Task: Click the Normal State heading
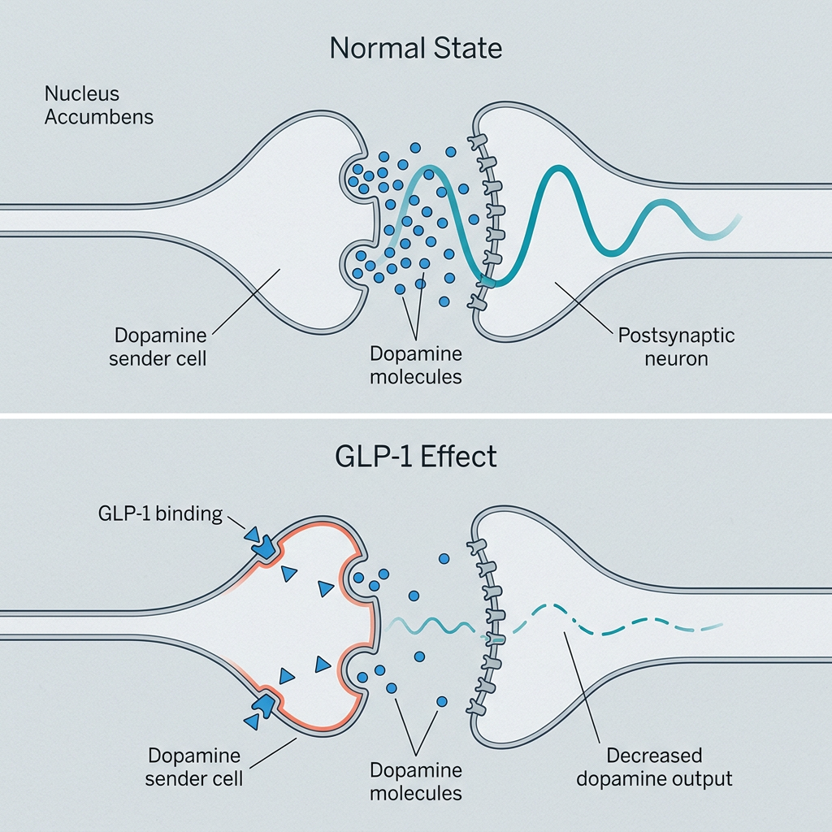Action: (415, 48)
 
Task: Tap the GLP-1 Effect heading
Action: (415, 457)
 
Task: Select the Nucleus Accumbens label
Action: (98, 105)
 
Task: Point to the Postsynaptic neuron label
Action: (676, 347)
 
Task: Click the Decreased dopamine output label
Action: (654, 767)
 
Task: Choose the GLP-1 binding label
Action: (160, 513)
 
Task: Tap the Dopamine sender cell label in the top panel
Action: (158, 347)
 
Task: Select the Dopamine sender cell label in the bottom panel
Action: (193, 767)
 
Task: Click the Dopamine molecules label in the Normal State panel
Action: (415, 365)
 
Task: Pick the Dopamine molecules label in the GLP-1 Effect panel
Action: (415, 782)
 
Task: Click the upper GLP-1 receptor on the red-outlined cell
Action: (264, 547)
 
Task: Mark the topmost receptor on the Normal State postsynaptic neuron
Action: (477, 141)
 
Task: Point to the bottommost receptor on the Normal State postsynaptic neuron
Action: (477, 304)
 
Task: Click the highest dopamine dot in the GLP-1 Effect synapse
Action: (444, 558)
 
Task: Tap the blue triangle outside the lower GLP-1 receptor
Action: (252, 721)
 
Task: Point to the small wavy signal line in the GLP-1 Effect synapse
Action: (430, 626)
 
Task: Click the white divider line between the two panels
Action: (416, 416)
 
